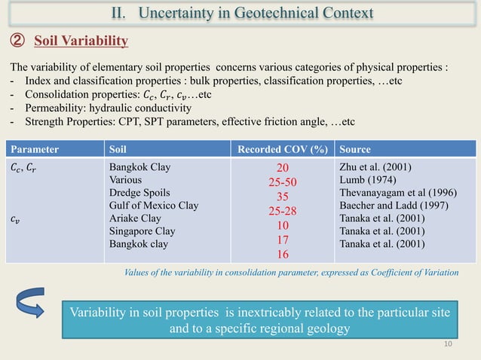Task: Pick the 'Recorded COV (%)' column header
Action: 283,148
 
